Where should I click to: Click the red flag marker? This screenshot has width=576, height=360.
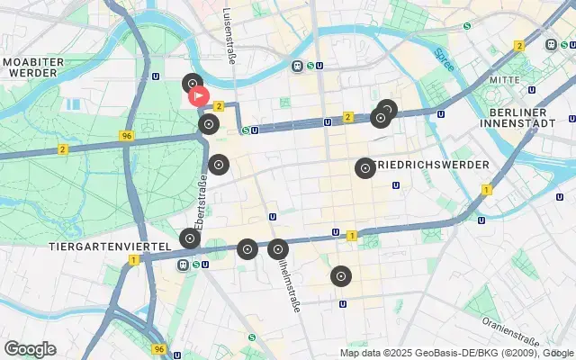(x=198, y=96)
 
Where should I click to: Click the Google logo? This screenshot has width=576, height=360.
(x=30, y=348)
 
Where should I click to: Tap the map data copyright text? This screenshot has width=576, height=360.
(x=457, y=352)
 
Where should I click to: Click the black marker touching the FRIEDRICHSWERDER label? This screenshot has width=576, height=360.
(x=364, y=167)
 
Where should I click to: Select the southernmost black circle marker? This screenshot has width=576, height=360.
(x=340, y=275)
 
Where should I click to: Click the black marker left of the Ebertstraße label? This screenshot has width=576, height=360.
(x=189, y=238)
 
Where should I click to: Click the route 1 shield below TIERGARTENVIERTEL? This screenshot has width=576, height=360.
(x=133, y=260)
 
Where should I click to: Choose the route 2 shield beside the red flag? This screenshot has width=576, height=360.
(x=218, y=105)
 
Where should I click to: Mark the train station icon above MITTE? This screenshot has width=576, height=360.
(x=551, y=44)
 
